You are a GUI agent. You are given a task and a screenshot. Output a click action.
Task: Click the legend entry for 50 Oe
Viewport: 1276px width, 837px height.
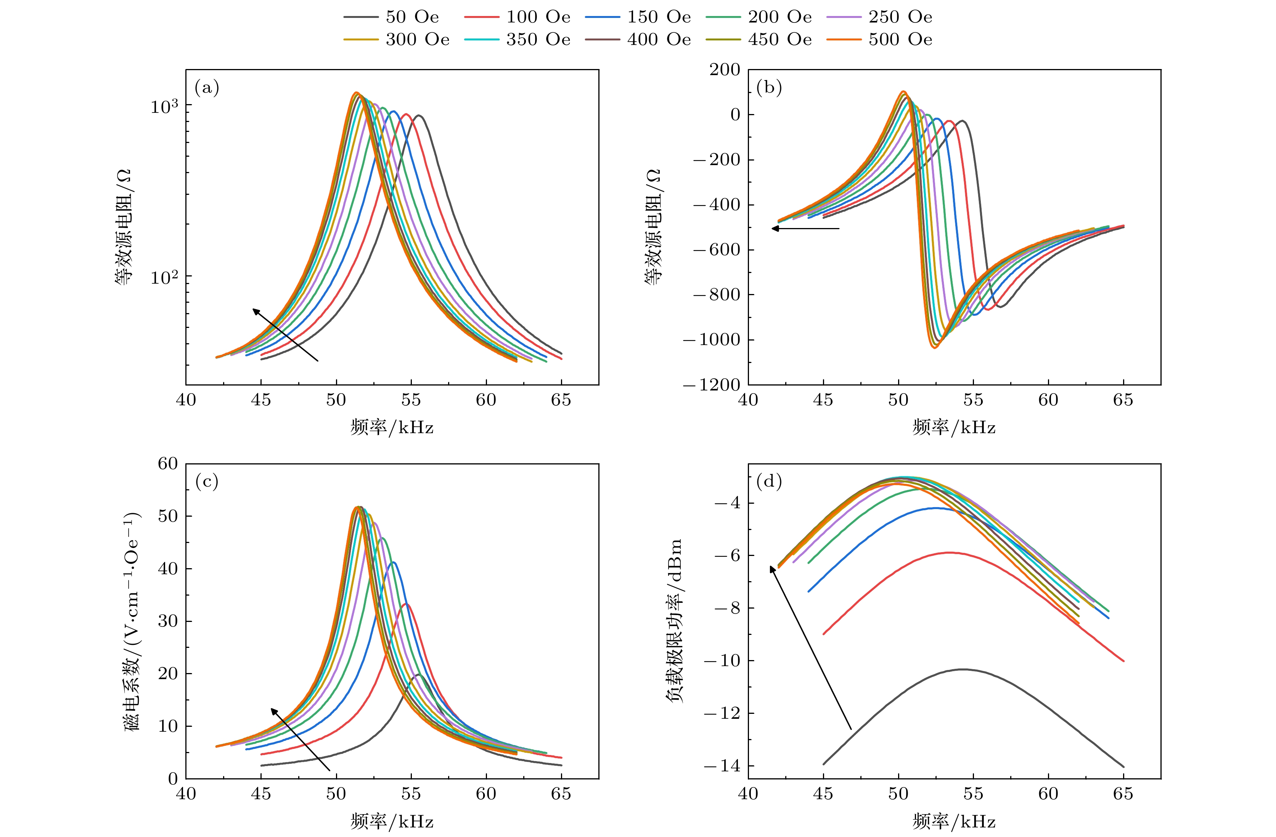(391, 17)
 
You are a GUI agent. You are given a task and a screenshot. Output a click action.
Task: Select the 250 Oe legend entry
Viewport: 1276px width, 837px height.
(879, 17)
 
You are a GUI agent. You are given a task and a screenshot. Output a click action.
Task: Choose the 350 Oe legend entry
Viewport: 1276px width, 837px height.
(517, 40)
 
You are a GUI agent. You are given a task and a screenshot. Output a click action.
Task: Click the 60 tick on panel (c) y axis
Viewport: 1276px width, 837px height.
(168, 464)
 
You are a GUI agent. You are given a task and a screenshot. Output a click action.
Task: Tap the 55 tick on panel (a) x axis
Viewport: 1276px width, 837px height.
(411, 400)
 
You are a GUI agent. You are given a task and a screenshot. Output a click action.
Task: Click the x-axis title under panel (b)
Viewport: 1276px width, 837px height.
(954, 427)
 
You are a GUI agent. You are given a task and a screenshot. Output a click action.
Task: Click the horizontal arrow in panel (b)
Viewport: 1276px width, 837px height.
(805, 228)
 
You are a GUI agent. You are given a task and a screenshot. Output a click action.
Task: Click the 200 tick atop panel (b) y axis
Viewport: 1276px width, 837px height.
(725, 70)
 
